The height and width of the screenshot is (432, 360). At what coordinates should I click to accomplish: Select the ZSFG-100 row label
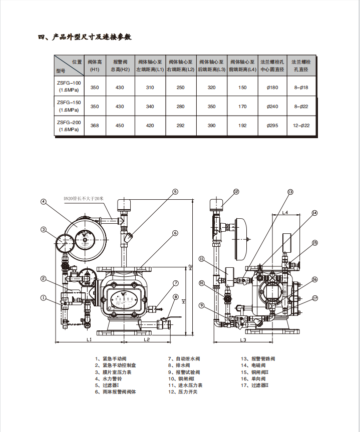[x=69, y=87]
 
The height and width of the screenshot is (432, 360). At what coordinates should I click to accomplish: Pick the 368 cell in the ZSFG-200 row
[x=95, y=125]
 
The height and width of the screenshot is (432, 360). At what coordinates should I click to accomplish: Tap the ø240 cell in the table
[x=272, y=106]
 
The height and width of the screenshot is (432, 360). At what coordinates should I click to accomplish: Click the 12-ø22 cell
[x=301, y=125]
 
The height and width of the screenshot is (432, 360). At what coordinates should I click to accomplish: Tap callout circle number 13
[x=290, y=192]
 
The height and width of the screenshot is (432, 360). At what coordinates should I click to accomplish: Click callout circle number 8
[x=176, y=297]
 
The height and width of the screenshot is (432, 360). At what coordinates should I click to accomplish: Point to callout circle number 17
[x=315, y=298]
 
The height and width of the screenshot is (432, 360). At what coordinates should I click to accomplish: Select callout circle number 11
[x=201, y=259]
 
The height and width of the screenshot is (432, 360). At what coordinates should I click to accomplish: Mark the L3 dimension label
[x=242, y=340]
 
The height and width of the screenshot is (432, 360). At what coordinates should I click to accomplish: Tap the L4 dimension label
[x=284, y=213]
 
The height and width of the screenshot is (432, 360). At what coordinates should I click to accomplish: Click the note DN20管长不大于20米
[x=83, y=198]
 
